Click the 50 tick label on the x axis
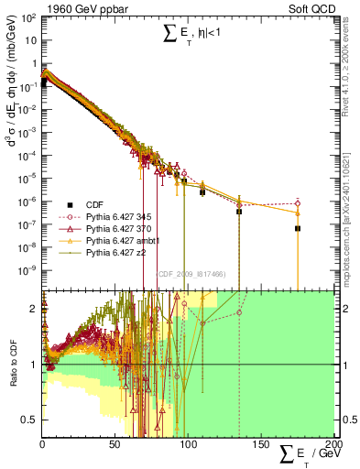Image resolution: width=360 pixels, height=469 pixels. coord(115,443)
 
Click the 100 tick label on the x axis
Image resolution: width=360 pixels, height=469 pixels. coord(188,443)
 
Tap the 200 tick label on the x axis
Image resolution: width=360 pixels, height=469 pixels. coord(332,443)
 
